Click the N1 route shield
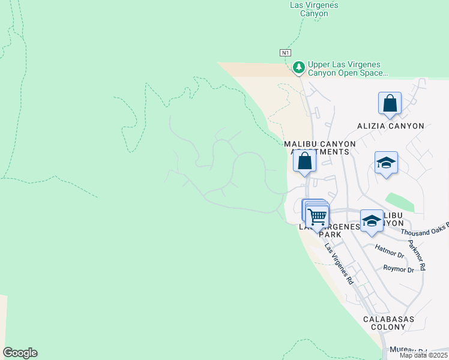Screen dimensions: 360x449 286,53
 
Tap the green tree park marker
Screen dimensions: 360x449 299,67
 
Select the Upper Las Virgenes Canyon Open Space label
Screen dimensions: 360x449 348,69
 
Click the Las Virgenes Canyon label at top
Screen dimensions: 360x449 313,9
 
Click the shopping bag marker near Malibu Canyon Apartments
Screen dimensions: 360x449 304,161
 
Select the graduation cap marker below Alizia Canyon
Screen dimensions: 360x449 386,163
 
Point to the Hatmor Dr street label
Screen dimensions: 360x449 390,247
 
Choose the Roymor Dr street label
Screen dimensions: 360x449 399,269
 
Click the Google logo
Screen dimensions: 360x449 20,353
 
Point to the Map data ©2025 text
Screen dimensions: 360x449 423,355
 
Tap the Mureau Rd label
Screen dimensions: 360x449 408,350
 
